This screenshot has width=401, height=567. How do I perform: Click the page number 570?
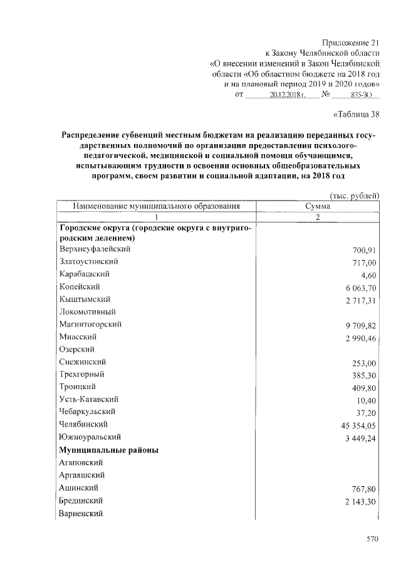pyautogui.click(x=373, y=538)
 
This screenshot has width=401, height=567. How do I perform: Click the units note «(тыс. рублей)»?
pyautogui.click(x=355, y=195)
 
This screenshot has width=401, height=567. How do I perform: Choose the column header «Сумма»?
pyautogui.click(x=317, y=206)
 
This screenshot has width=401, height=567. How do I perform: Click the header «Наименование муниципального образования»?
pyautogui.click(x=157, y=206)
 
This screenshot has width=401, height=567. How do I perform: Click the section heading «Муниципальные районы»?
pyautogui.click(x=108, y=450)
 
